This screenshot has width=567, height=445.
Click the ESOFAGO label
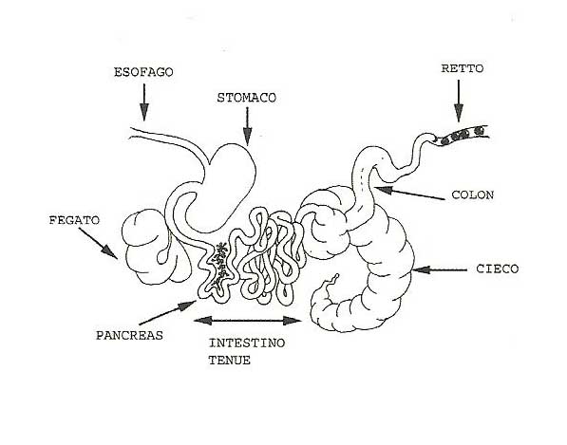[x=143, y=72]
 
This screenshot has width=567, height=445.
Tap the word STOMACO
[x=247, y=98]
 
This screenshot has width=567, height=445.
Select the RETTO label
[x=463, y=68]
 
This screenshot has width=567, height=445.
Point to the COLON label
[x=473, y=195]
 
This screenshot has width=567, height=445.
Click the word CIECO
[x=498, y=269]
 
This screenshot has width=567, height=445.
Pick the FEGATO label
[x=74, y=220]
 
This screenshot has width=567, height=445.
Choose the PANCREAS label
[x=129, y=336]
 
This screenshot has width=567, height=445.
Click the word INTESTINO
[x=247, y=343]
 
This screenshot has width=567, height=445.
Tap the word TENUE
[x=230, y=361]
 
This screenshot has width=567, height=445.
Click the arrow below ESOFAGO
[x=144, y=102]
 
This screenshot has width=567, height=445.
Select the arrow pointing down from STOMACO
[x=247, y=126]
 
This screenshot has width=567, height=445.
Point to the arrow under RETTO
[x=459, y=102]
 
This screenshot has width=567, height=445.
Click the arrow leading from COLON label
[x=409, y=193]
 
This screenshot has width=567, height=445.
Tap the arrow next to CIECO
[x=440, y=269]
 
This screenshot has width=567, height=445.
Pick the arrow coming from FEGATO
[x=98, y=243]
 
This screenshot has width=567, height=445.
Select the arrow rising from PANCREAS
[x=167, y=312]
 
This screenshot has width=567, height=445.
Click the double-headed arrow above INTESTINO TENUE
[x=248, y=321]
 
